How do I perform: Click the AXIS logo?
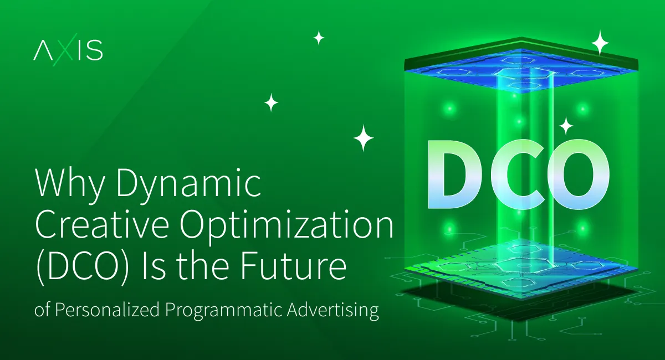pyautogui.click(x=68, y=49)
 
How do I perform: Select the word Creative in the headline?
pyautogui.click(x=102, y=224)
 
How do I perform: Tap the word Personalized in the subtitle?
pyautogui.click(x=107, y=310)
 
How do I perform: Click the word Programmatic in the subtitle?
pyautogui.click(x=223, y=311)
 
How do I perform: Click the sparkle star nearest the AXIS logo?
pyautogui.click(x=319, y=38)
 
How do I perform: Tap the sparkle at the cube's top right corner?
pyautogui.click(x=600, y=43)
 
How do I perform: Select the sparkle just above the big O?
pyautogui.click(x=566, y=126)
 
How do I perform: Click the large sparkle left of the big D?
pyautogui.click(x=364, y=138)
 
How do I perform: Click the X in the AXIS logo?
pyautogui.click(x=63, y=49)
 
